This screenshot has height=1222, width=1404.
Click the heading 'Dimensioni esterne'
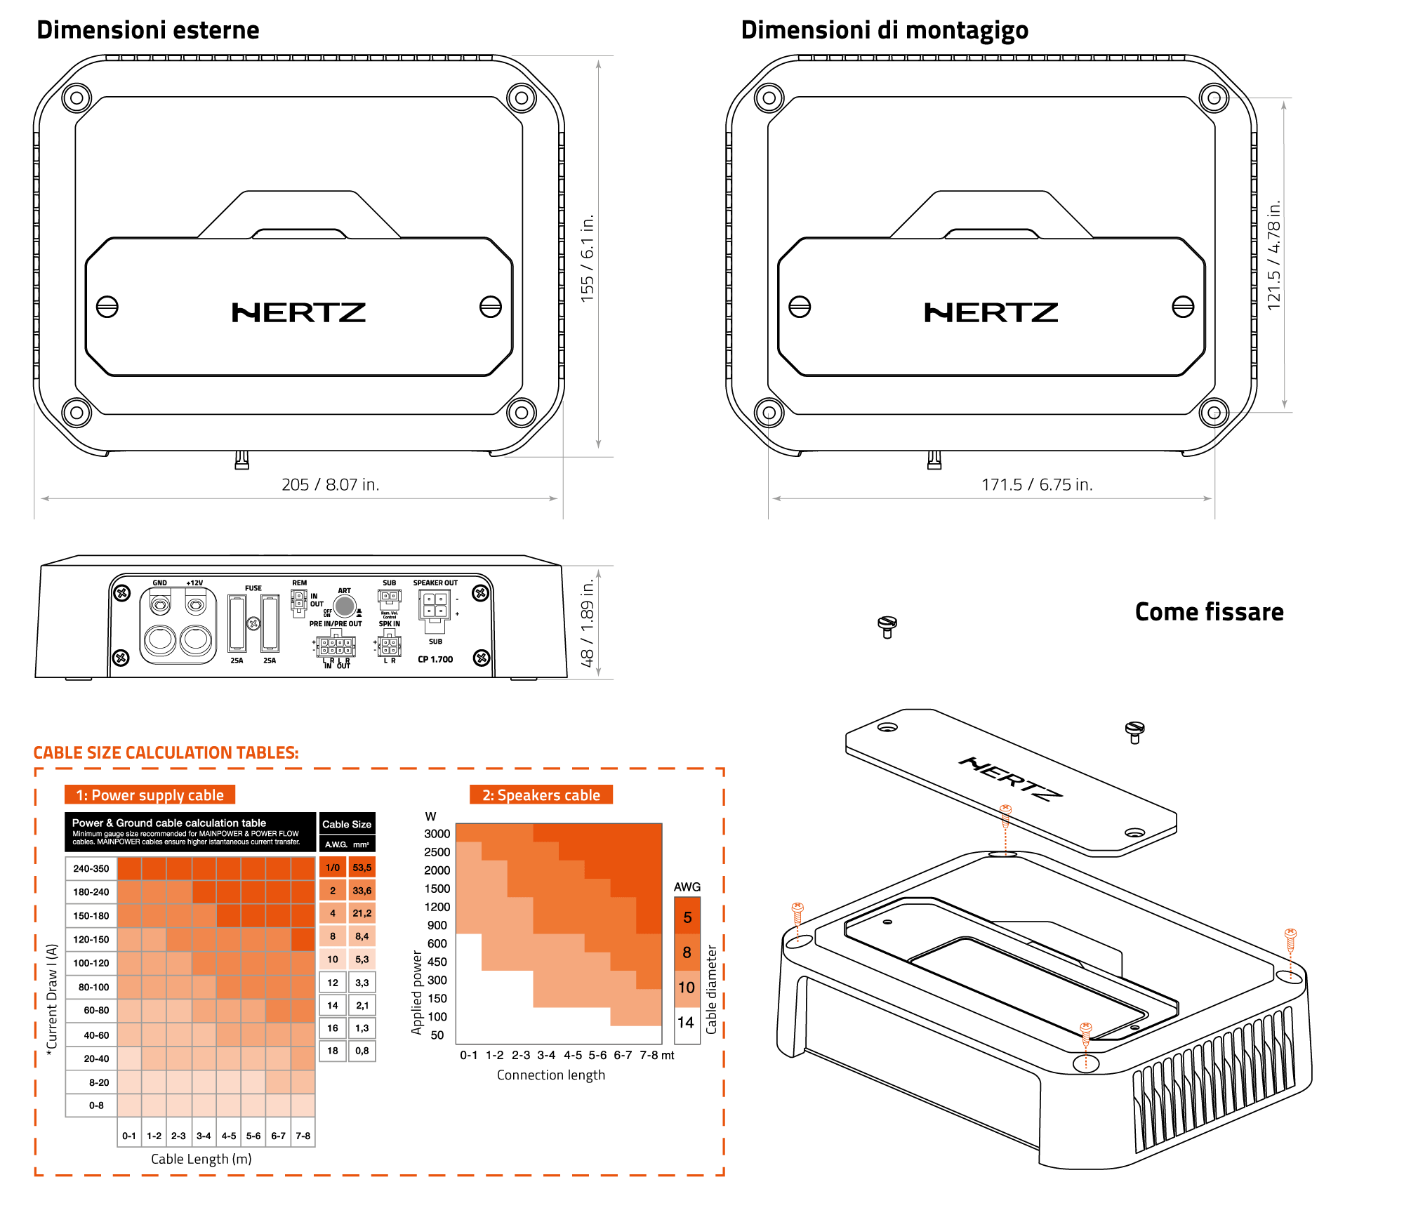tap(147, 30)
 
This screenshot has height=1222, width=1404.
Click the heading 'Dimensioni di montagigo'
tap(885, 30)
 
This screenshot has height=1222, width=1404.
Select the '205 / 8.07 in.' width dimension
tap(330, 484)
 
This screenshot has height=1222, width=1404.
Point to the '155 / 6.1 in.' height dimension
tap(587, 258)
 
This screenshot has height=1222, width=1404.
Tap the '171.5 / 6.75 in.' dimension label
tap(1036, 484)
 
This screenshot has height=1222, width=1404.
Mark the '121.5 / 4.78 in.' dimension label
tap(1273, 255)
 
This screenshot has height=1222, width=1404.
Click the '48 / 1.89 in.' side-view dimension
tap(587, 623)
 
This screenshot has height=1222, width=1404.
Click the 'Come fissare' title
tap(1209, 612)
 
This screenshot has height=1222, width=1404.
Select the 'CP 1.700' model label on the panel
tap(435, 659)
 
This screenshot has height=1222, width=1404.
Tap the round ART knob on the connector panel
tap(344, 606)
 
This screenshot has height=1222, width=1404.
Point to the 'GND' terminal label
tap(160, 583)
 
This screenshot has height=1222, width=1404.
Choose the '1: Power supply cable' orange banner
tap(150, 795)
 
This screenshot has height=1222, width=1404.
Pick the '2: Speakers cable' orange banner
tap(541, 795)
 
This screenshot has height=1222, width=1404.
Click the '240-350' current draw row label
tap(91, 868)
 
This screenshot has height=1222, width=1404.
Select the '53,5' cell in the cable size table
tap(362, 868)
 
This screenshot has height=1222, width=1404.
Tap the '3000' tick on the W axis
tap(437, 834)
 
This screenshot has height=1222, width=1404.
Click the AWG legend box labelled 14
tap(686, 1023)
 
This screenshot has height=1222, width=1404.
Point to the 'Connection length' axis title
tap(550, 1075)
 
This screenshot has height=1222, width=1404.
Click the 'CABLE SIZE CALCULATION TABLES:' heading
tap(166, 752)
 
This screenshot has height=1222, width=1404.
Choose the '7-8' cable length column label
tap(303, 1136)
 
